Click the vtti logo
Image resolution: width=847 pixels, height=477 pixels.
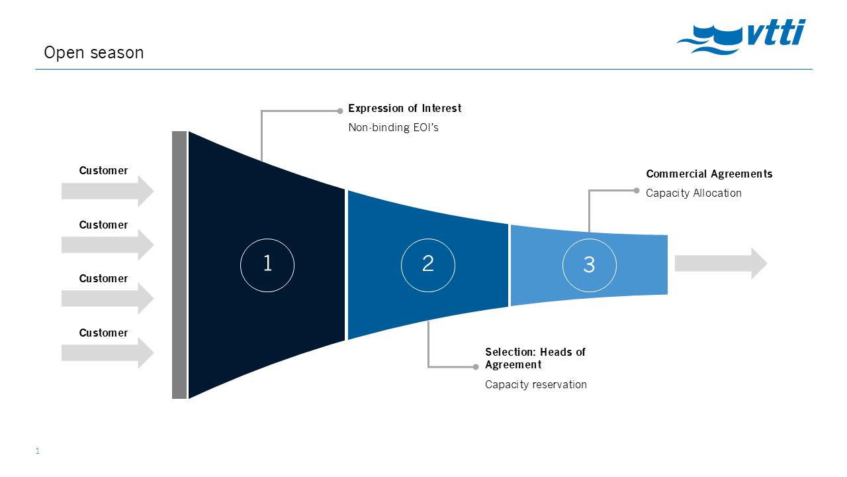(741, 36)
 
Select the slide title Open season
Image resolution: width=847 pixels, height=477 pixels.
(94, 52)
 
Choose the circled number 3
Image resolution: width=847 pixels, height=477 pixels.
(590, 265)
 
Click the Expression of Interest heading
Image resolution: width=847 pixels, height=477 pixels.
(404, 108)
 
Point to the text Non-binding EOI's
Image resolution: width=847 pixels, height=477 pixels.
(393, 128)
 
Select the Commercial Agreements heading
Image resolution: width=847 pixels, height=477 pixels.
(709, 174)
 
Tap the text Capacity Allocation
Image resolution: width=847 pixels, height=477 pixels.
(693, 193)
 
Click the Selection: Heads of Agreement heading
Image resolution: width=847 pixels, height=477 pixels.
(535, 358)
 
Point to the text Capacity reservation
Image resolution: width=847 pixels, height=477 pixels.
(536, 385)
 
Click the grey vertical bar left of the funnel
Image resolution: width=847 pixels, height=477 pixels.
(179, 264)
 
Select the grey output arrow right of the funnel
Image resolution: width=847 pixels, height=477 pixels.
(721, 264)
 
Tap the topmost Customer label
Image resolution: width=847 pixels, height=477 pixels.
(103, 171)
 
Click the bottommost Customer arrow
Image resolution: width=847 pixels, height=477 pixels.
(108, 353)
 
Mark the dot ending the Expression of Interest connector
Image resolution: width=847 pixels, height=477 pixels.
(340, 111)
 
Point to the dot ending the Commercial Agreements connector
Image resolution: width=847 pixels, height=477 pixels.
(637, 190)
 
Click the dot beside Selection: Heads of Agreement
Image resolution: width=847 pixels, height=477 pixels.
(476, 366)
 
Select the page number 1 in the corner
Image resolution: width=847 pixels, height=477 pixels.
(38, 451)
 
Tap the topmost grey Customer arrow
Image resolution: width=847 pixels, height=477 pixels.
(108, 191)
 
